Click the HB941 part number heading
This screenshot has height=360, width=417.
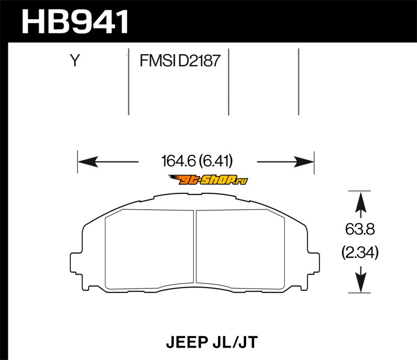click(75, 22)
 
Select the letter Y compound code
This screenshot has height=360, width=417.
click(75, 60)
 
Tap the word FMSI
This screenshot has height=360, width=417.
click(157, 60)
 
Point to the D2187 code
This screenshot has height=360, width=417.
click(199, 60)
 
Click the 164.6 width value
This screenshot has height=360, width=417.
click(179, 161)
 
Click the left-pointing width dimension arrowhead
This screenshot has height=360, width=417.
click(88, 162)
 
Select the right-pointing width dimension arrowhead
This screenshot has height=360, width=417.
click(304, 162)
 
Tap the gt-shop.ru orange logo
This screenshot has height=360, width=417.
click(208, 180)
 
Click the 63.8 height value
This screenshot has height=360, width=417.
click(360, 229)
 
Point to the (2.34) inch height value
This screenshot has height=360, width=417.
click(360, 253)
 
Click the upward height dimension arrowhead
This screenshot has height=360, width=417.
click(361, 202)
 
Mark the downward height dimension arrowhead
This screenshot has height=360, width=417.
click(361, 282)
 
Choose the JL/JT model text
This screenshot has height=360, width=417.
click(236, 342)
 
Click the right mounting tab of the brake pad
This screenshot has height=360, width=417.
click(313, 263)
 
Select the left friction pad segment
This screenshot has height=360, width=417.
click(150, 250)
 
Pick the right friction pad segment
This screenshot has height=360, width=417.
click(240, 250)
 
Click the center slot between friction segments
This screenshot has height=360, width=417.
click(195, 247)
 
